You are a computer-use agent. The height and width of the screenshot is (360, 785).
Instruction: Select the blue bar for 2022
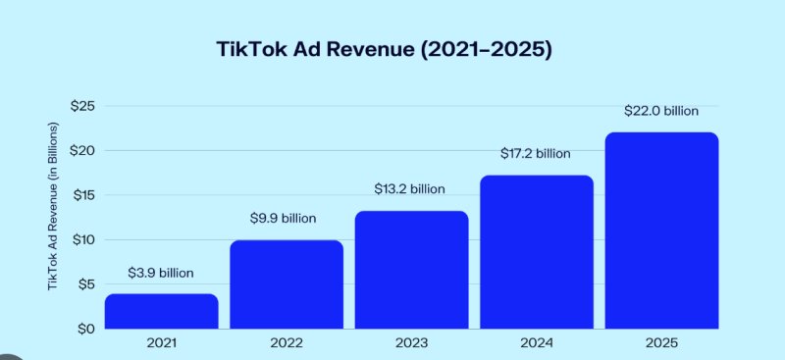[286, 284]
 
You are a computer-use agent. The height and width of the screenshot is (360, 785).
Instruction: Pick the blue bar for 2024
[536, 252]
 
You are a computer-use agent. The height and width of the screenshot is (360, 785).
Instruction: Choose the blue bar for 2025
[661, 231]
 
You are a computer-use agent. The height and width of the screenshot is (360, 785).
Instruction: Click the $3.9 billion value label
[161, 273]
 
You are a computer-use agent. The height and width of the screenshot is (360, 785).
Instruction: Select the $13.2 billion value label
[410, 188]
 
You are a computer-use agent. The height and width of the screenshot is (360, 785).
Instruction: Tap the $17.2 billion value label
[536, 154]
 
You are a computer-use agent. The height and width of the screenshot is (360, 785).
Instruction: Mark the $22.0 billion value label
[661, 111]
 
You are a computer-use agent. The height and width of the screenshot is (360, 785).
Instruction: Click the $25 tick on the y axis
[81, 106]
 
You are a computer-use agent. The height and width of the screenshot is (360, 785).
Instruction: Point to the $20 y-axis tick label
[81, 150]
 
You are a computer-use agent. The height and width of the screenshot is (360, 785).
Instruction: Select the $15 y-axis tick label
[81, 195]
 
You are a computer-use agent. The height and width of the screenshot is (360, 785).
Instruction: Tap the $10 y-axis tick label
[81, 239]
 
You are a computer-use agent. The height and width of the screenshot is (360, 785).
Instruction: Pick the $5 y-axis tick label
[84, 284]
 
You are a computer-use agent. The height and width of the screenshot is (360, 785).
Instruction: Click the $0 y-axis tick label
[84, 329]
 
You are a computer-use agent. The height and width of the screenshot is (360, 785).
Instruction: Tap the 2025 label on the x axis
[661, 343]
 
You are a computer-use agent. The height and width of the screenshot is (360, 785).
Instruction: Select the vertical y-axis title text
[53, 206]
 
